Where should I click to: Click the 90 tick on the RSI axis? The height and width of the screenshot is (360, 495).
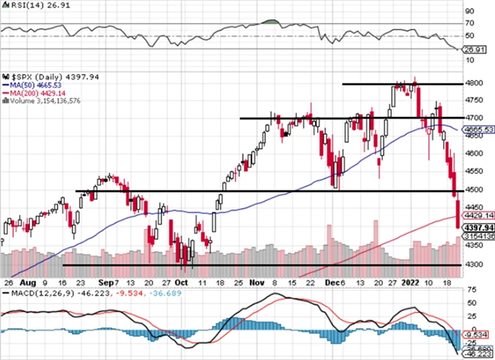tap(469, 12)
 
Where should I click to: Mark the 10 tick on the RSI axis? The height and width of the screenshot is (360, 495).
tap(469, 59)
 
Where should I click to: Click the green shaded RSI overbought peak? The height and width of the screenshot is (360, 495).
tap(271, 21)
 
